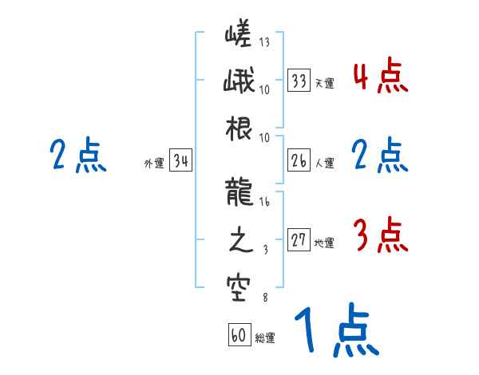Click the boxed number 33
[x=299, y=81]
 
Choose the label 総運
[x=265, y=338]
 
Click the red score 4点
[x=380, y=77]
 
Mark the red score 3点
[x=380, y=235]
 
